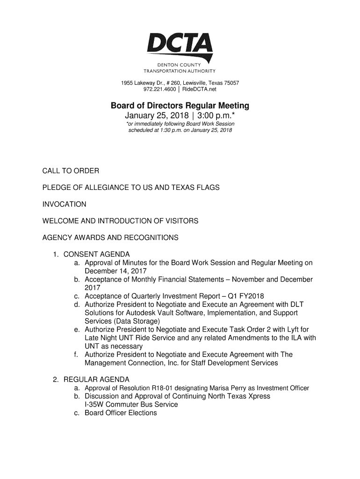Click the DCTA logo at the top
click(x=180, y=47)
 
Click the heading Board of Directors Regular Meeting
click(x=180, y=106)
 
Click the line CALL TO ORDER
click(x=71, y=171)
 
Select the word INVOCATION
click(x=65, y=204)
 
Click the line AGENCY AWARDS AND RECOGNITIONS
click(x=110, y=238)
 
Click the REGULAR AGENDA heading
click(x=96, y=379)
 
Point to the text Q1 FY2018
click(x=246, y=297)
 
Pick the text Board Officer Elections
click(x=121, y=413)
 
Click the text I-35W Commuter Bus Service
click(x=131, y=405)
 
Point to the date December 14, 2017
click(x=115, y=271)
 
